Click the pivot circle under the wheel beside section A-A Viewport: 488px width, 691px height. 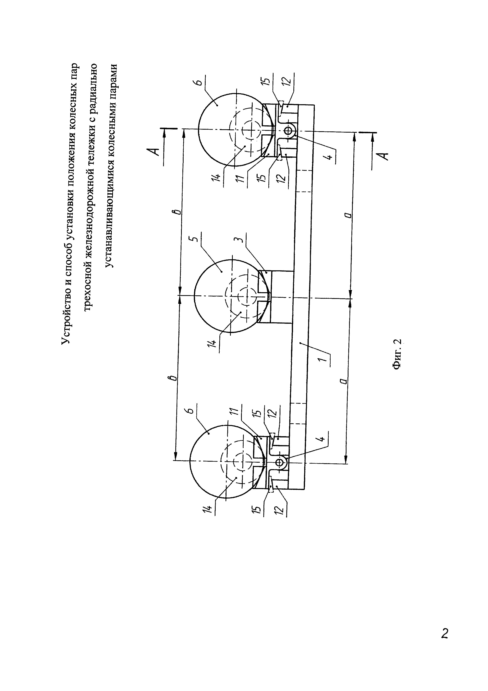288,130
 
